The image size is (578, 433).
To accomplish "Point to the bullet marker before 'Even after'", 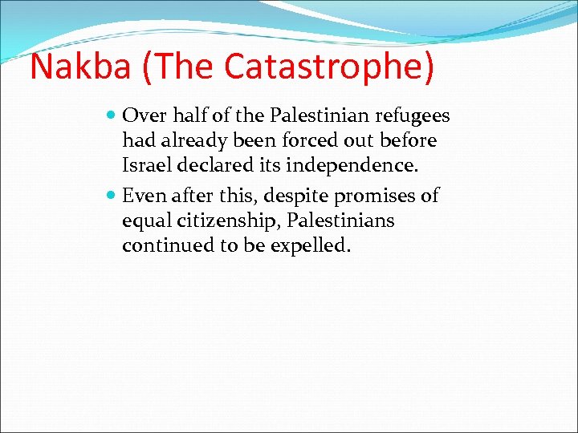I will coord(112,196).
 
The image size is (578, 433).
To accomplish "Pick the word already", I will coord(193,140).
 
